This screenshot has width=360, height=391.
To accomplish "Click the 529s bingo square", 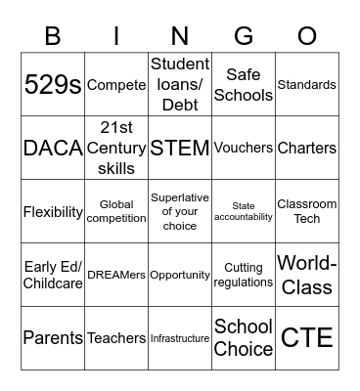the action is pos(53,85).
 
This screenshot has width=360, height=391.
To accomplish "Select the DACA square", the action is pos(53,149).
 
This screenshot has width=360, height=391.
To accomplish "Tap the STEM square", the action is pos(180,149).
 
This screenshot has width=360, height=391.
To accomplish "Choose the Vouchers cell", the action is pos(244,149).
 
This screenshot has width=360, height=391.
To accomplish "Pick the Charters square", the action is pos(307,149).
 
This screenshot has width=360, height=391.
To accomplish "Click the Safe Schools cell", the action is pos(244,85).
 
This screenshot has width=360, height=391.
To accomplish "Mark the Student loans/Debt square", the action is pos(180,85).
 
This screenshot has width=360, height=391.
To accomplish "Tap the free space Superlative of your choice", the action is pos(180,212).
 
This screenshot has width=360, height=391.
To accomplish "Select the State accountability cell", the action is pos(244,212).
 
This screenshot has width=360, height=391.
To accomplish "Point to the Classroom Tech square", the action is pos(307,212).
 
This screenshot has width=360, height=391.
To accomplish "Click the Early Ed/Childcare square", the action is pos(53,276).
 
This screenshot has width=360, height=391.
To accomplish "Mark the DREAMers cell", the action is pos(116,276).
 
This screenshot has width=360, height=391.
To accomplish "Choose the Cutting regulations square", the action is pos(244,276).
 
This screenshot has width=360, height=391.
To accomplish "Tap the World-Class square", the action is pos(307,276).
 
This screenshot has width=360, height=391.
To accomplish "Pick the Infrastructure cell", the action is pos(180,339).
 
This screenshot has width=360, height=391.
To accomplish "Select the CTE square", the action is pos(307,339).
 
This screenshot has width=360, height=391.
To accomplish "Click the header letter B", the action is pos(53,36).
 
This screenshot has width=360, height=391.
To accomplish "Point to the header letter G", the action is pos(244,36).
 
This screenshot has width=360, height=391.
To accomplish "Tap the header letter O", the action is pos(307,36).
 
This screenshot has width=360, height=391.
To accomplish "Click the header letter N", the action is pos(180,36).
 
